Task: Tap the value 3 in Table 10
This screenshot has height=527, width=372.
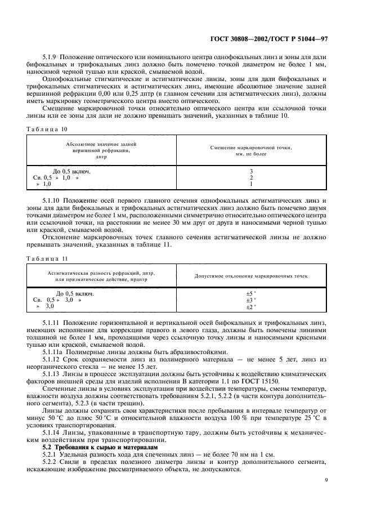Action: (250, 171)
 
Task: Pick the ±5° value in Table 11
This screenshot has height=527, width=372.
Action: (250, 293)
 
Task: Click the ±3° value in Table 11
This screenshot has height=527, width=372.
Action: (250, 300)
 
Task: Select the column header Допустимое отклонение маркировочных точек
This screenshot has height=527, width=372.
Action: (250, 276)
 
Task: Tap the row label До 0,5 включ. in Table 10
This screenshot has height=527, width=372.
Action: (71, 171)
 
